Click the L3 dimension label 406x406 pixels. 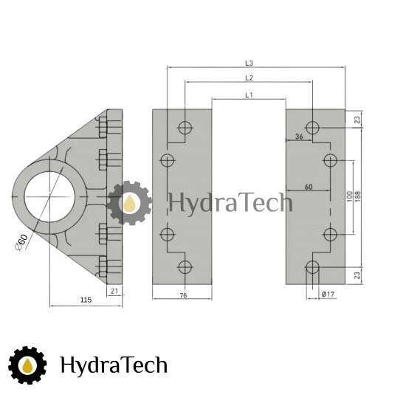(249, 63)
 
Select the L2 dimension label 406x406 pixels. (249, 78)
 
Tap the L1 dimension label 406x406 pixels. (249, 95)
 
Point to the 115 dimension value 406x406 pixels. (86, 300)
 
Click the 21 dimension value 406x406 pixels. (114, 291)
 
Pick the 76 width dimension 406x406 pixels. (183, 295)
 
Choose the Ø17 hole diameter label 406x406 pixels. (328, 294)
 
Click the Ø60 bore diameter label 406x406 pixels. (21, 242)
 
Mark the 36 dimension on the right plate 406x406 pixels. (299, 137)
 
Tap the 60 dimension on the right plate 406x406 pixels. (309, 187)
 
